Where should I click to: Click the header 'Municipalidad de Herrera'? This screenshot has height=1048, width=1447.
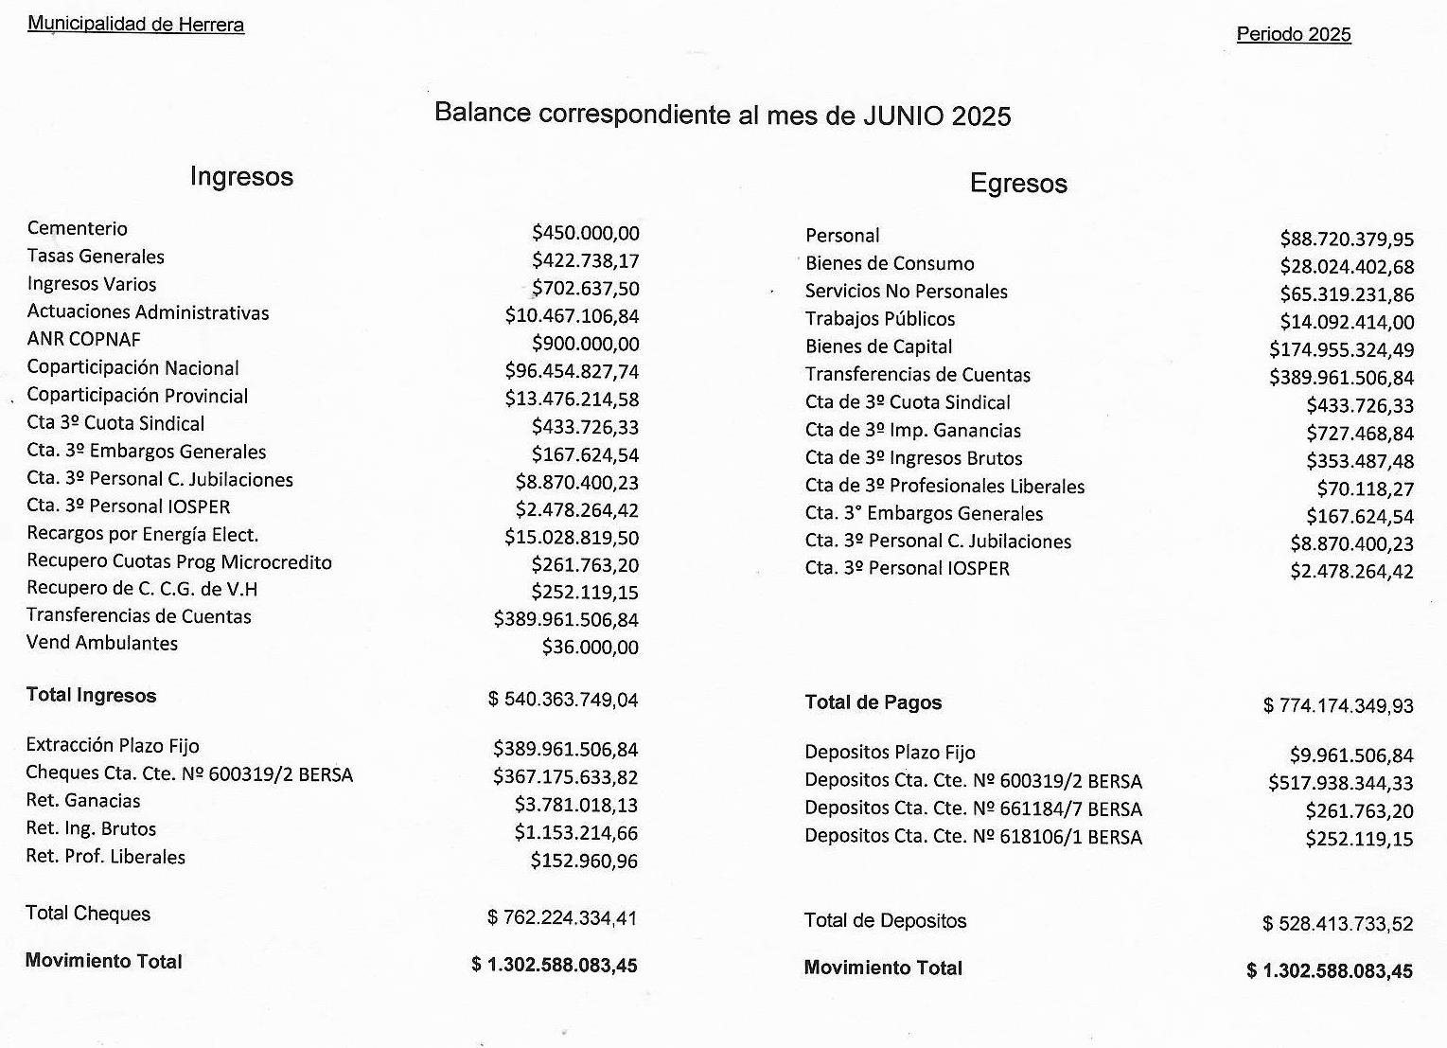[135, 25]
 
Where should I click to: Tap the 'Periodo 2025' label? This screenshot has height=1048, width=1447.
[1293, 35]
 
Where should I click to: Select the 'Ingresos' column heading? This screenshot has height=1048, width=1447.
[241, 177]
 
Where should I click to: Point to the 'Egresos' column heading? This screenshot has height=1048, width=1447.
[1018, 184]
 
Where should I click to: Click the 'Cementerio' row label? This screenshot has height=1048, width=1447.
[77, 228]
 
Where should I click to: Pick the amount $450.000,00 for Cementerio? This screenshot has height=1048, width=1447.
[585, 233]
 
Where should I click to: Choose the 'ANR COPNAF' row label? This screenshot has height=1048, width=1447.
[83, 340]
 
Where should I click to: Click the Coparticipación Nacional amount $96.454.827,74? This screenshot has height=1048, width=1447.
[572, 371]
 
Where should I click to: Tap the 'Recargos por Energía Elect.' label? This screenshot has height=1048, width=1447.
[142, 534]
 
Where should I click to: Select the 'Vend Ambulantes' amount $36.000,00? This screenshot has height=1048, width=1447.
[590, 648]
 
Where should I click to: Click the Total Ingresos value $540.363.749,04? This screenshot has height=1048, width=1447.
[562, 701]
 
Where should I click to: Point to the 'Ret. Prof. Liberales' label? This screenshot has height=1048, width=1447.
[105, 857]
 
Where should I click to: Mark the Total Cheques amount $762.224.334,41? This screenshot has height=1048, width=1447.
[562, 918]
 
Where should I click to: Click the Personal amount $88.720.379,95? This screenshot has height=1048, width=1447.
[1346, 240]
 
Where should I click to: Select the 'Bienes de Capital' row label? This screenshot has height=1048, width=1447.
[878, 347]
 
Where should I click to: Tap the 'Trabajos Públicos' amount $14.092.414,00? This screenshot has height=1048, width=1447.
[1346, 323]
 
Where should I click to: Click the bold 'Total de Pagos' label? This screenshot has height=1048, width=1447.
[873, 702]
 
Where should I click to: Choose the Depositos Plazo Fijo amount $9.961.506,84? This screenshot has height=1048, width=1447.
[1350, 755]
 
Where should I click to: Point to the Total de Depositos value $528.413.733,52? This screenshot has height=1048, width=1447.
[1337, 924]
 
